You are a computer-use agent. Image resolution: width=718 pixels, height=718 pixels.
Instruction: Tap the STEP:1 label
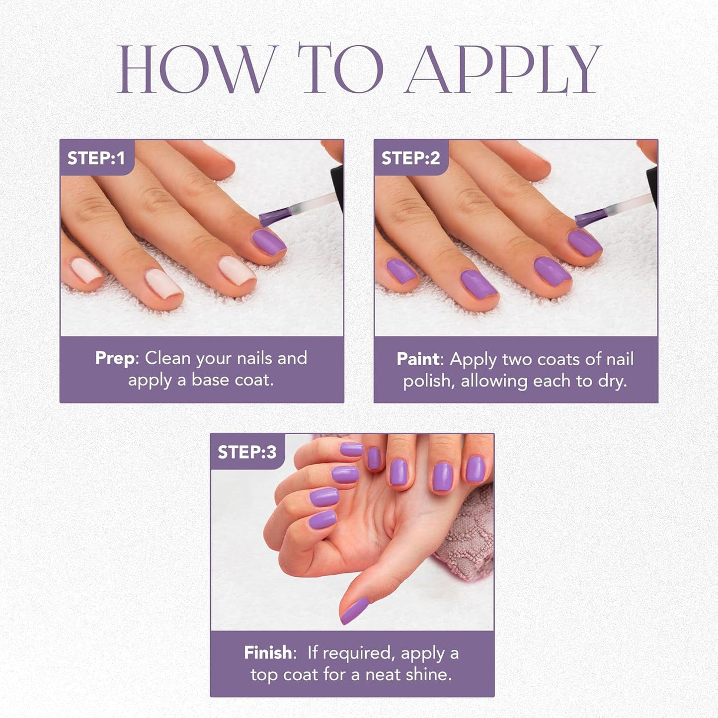pyautogui.click(x=96, y=158)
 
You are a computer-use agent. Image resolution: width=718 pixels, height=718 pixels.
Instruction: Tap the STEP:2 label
pyautogui.click(x=410, y=158)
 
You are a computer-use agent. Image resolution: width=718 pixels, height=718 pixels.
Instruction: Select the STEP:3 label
pyautogui.click(x=246, y=452)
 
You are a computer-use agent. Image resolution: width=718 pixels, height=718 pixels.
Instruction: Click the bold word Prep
pyautogui.click(x=114, y=358)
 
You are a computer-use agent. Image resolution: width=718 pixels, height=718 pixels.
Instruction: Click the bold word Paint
pyautogui.click(x=418, y=359)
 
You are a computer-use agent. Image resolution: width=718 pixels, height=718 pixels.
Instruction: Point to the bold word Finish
pyautogui.click(x=268, y=652)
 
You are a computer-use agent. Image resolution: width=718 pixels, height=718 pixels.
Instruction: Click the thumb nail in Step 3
pyautogui.click(x=354, y=610)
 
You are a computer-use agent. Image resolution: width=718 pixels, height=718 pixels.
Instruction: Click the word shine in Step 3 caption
pyautogui.click(x=427, y=674)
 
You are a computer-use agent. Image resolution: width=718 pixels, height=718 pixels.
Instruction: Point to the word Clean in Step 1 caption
pyautogui.click(x=167, y=358)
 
